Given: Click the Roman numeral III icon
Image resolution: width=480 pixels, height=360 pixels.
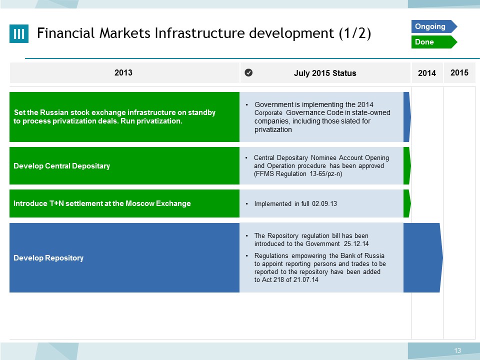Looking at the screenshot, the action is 19,33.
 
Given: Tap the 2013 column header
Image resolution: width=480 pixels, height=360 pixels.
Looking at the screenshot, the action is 123,72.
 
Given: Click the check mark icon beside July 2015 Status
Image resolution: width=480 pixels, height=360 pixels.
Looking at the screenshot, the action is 248,72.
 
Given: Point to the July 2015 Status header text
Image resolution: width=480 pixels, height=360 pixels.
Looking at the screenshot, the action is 325,73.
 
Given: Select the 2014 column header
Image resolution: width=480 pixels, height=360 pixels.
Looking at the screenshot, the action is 427,73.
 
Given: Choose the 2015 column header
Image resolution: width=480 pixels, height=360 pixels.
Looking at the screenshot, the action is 459,72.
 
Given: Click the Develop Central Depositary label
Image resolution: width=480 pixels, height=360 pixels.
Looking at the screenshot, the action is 62,166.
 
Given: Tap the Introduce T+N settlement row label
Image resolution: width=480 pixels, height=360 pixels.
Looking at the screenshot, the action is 102,203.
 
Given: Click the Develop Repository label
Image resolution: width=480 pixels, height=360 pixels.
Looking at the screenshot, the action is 48,258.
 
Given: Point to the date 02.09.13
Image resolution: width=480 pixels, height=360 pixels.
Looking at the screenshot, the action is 324,203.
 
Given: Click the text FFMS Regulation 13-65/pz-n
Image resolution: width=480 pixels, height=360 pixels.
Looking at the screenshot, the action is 298,174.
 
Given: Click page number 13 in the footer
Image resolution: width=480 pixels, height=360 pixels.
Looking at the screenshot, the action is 457,350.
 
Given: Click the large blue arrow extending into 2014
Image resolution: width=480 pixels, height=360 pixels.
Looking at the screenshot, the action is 423,258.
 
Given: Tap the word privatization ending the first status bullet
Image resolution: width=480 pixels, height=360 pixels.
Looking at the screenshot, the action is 273,130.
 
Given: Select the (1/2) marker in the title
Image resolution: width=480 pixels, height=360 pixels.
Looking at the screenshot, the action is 355,33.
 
